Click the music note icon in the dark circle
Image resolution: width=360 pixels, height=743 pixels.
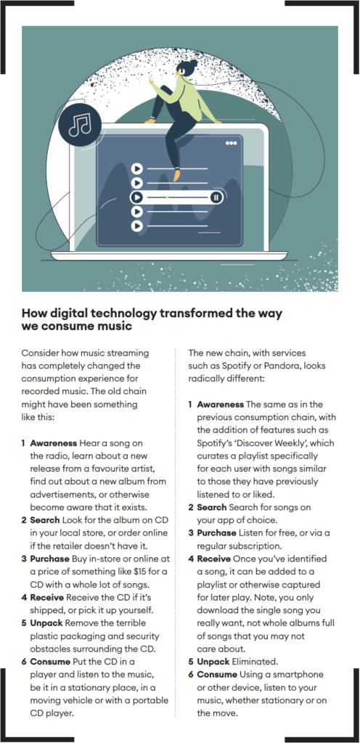[x=80, y=125]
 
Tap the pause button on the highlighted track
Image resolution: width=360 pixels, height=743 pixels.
[x=216, y=197]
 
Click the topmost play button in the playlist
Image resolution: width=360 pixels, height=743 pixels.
[x=137, y=168]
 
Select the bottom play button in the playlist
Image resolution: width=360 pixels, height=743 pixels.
[x=137, y=226]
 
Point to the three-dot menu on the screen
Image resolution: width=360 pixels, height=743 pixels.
[x=231, y=143]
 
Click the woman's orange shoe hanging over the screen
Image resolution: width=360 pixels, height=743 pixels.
[x=176, y=175]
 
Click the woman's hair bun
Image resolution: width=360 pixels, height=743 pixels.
[x=193, y=63]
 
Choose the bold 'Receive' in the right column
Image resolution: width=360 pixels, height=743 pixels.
[x=213, y=559]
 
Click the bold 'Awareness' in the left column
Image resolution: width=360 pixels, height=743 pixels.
[x=54, y=443]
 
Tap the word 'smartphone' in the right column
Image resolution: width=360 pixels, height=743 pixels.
[x=300, y=674]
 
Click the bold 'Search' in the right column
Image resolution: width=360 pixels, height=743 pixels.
[x=212, y=507]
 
